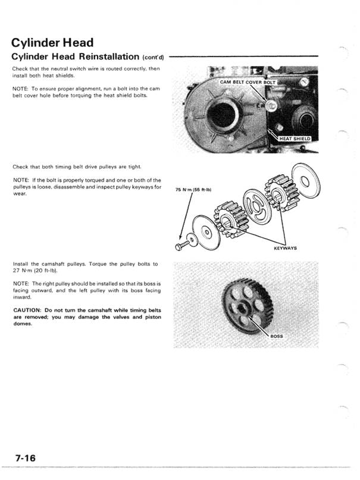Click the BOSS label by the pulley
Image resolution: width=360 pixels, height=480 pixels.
tap(277, 337)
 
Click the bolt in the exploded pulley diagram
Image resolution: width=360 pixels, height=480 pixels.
tap(180, 246)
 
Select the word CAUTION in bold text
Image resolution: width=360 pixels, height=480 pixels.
tap(28, 310)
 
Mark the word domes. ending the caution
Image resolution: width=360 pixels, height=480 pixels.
tap(23, 332)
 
